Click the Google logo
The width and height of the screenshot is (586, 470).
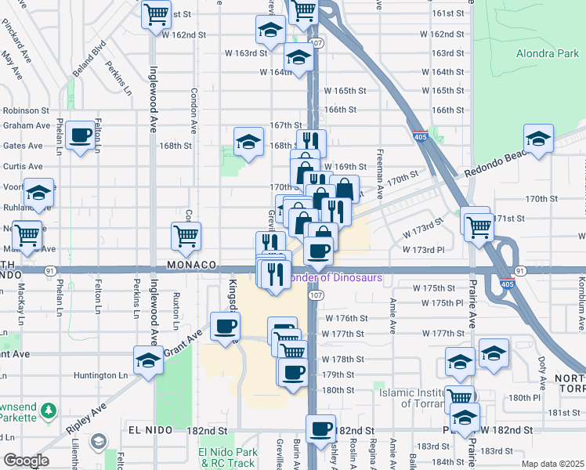(x=25, y=461)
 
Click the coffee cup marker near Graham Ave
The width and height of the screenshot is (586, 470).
(x=80, y=136)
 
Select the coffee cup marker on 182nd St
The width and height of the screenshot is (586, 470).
(x=320, y=428)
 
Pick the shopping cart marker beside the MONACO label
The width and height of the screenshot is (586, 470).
(x=186, y=236)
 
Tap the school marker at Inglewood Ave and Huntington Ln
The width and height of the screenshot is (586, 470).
(x=147, y=360)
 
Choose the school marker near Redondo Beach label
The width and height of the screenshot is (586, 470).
(x=538, y=139)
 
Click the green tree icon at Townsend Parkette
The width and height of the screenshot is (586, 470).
(x=48, y=410)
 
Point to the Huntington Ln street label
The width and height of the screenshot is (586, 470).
(x=100, y=375)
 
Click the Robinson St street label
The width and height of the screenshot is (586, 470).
(x=26, y=111)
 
